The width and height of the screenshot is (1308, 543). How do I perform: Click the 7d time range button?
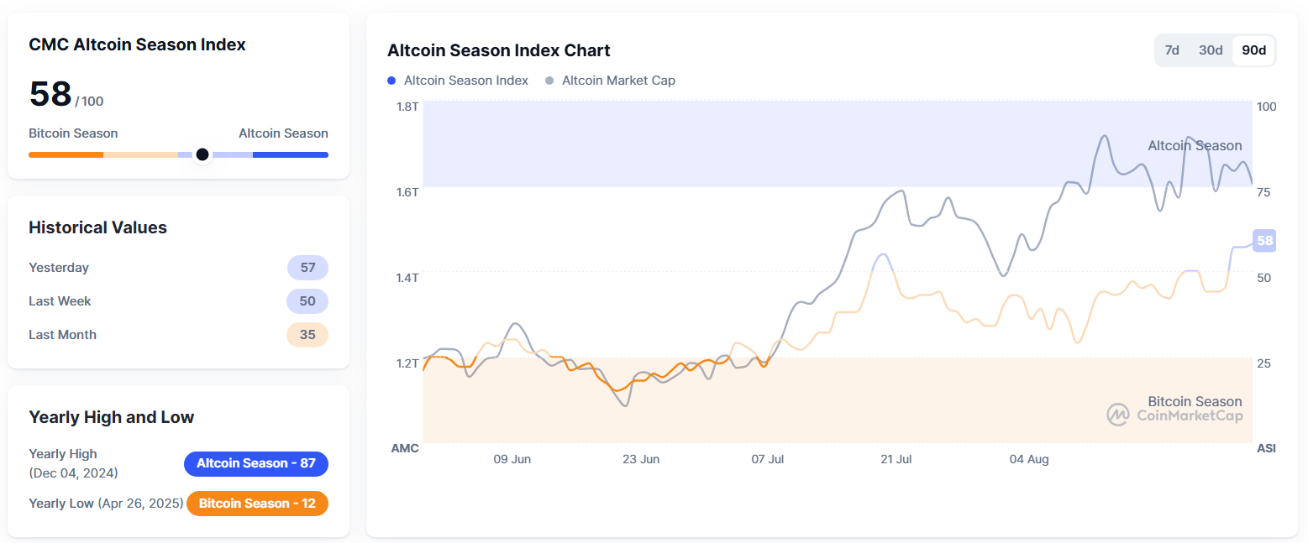[x=1172, y=50]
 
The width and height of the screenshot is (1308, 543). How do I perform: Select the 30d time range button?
[x=1211, y=50]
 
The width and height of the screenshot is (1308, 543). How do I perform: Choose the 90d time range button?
[x=1253, y=50]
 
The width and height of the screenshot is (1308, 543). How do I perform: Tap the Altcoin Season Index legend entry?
[x=458, y=81]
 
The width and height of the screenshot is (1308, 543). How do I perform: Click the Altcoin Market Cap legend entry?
[x=611, y=81]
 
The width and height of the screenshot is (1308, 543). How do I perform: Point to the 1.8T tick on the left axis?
[x=407, y=107]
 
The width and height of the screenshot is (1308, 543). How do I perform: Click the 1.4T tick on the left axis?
[x=407, y=277]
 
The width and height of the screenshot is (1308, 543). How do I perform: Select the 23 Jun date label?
[x=641, y=459]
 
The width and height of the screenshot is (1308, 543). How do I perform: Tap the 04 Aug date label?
[x=1029, y=459]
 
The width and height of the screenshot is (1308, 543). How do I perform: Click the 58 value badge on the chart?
[x=1264, y=241]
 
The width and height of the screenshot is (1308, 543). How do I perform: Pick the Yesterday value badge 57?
[x=307, y=268]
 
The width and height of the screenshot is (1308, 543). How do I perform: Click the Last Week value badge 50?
[x=307, y=301]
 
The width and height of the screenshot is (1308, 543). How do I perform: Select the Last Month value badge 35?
[x=307, y=335]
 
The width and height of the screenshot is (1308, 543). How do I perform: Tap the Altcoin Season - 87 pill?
[x=256, y=463]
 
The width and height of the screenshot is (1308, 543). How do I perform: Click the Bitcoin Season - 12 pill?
[x=256, y=504]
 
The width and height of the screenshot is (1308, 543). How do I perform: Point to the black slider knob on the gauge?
[x=202, y=154]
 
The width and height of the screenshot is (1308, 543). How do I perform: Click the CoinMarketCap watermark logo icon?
[x=1117, y=415]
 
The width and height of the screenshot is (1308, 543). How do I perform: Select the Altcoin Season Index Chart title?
[x=499, y=50]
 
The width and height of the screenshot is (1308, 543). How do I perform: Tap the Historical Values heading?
[x=97, y=227]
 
